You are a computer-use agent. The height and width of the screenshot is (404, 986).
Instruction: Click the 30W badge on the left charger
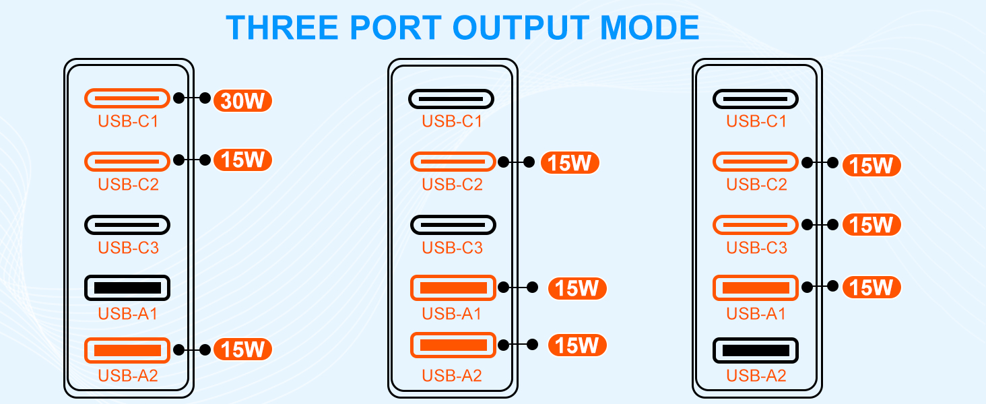pos(242,101)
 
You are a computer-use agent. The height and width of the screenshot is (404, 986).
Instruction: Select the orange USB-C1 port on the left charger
pos(127,98)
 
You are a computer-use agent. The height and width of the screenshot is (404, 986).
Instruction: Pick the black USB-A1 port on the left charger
pos(127,288)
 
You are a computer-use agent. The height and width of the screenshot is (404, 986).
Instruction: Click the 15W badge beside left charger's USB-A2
pos(242,349)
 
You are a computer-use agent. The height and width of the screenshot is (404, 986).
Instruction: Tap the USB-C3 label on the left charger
pos(128,248)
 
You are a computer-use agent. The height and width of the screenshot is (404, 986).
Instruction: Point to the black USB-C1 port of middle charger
pos(451,99)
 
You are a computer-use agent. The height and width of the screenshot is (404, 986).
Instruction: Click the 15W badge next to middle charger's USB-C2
pos(569,163)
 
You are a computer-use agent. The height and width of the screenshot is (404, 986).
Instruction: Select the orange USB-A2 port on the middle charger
pos(453,345)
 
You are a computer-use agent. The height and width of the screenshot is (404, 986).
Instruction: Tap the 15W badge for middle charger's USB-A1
pos(577,289)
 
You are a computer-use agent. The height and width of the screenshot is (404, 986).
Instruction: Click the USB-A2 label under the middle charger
pos(452,376)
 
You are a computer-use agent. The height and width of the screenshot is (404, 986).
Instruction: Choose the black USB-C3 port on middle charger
pos(453,225)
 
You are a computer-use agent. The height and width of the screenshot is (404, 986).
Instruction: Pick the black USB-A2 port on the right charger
pos(755,350)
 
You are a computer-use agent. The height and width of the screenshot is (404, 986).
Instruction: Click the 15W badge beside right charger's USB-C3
pos(872,225)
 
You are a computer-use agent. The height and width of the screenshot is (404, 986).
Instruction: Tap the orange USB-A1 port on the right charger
pos(755,288)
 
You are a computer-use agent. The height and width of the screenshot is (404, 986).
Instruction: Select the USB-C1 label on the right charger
pos(756,122)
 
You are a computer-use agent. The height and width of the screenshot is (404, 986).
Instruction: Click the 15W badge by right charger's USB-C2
pos(872,166)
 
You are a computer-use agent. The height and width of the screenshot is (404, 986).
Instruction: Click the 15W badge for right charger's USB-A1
pos(872,288)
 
